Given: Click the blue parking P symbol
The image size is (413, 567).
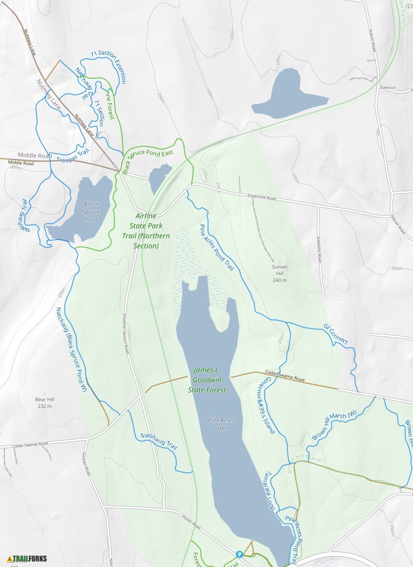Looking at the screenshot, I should [x=239, y=554].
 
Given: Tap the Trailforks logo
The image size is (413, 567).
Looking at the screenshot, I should [x=27, y=559].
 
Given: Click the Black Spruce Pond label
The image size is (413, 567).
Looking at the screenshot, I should [x=91, y=212].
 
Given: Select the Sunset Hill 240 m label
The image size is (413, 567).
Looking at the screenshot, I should [x=279, y=273].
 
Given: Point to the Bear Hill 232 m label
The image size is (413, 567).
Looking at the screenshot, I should [x=44, y=403].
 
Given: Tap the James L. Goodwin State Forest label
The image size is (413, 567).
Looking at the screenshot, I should [x=209, y=380].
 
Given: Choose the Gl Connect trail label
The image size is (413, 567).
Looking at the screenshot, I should [x=335, y=334].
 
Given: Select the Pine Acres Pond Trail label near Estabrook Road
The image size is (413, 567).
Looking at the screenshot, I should [x=217, y=247].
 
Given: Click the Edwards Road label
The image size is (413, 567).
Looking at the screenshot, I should [x=320, y=249].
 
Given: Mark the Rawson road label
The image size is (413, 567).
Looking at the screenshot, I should [x=388, y=88].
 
